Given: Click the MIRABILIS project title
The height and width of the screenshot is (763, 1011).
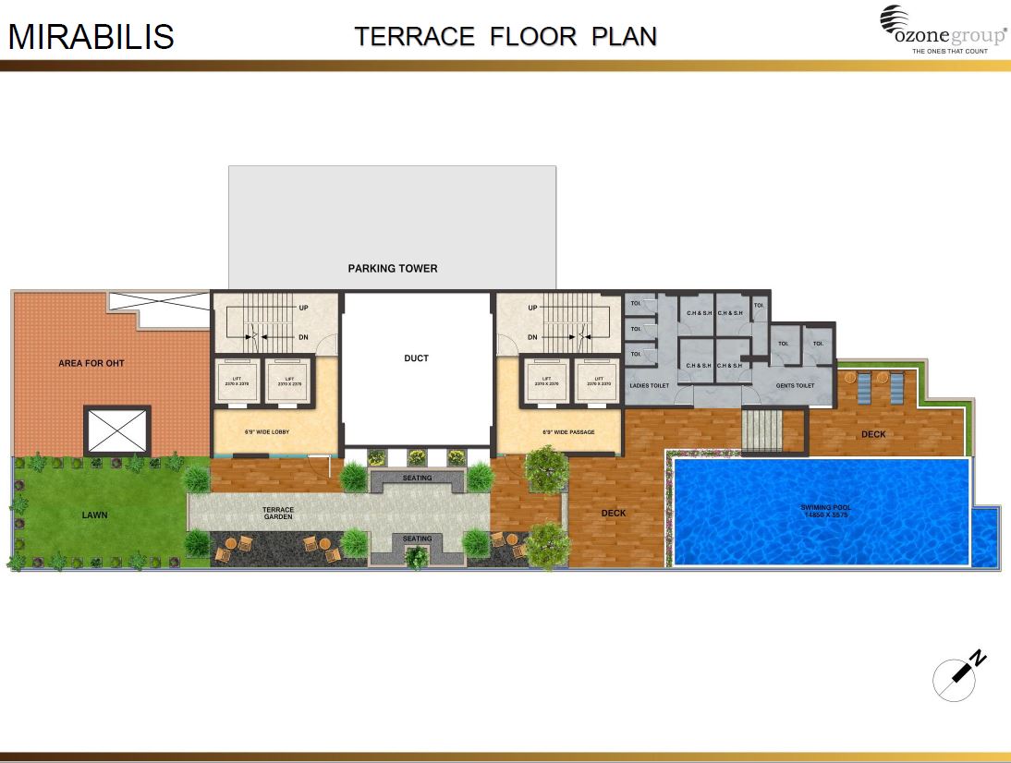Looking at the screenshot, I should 91,37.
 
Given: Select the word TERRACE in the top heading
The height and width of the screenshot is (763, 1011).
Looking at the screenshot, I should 415,37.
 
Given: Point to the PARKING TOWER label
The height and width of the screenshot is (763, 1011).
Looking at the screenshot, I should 393,269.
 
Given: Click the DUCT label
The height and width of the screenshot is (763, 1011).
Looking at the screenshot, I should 417,358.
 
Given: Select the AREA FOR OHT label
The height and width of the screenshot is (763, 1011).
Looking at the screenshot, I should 91,363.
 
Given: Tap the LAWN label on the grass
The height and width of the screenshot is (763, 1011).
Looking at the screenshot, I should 94,515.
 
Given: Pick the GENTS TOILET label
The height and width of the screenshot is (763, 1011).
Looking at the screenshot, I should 796,385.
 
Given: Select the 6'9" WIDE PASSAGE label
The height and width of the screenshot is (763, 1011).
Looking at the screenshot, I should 568,431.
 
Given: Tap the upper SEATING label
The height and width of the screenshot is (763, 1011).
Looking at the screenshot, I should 417,478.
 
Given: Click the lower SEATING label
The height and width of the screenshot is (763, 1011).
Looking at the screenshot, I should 417,539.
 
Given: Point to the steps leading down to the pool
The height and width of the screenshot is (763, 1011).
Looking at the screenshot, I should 761,431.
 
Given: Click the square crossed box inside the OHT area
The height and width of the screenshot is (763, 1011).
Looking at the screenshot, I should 116,430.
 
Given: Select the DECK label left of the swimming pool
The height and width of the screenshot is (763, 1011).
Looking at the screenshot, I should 614,514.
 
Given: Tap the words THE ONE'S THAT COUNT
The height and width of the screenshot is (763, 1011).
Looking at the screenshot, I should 950,51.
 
